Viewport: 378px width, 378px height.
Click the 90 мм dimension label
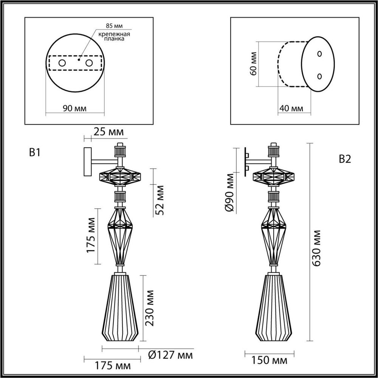74,108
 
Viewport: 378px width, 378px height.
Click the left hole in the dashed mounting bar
62,63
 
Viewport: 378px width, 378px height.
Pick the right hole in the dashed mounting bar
89,63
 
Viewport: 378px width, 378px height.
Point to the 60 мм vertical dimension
254,64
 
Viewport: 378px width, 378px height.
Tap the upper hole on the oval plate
319,54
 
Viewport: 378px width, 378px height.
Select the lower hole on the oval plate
319,76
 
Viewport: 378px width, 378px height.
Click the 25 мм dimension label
108,132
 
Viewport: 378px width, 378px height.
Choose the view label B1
34,152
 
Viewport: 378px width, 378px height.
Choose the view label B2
344,159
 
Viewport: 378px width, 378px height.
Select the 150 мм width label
270,361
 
